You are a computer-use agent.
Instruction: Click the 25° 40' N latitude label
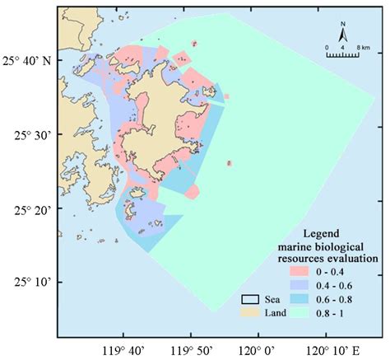27,60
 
